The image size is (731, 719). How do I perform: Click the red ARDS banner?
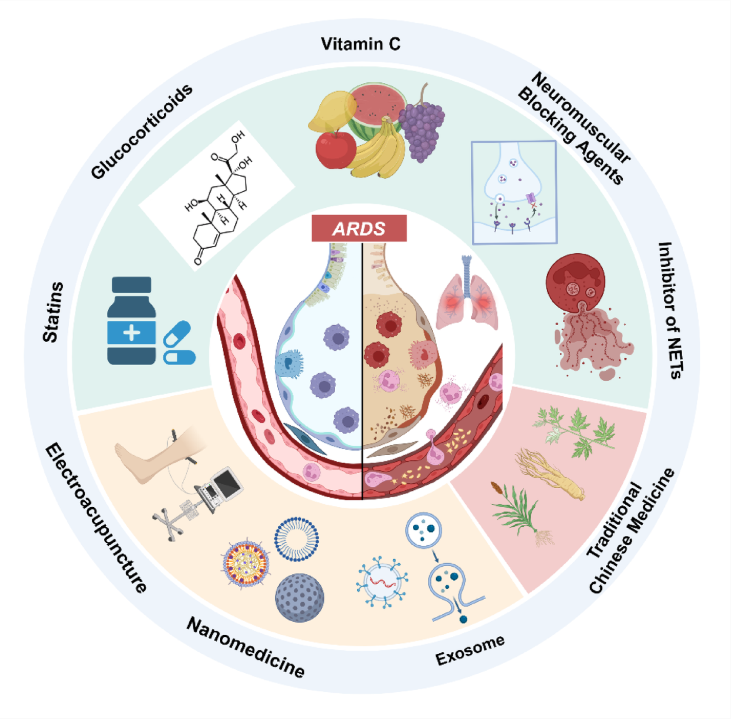click(x=359, y=228)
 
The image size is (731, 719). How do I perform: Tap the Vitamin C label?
click(x=360, y=44)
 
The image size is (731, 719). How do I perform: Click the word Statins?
click(x=53, y=312)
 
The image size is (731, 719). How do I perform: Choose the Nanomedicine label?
click(x=246, y=647)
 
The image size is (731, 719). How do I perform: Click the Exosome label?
click(x=470, y=650)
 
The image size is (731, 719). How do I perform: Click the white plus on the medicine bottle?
click(x=132, y=333)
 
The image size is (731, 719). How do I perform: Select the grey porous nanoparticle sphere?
click(x=299, y=598)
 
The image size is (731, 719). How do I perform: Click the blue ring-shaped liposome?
click(x=296, y=539)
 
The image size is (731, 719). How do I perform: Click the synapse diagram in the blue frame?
click(x=514, y=192)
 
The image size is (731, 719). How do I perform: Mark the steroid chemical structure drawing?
click(x=217, y=197)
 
